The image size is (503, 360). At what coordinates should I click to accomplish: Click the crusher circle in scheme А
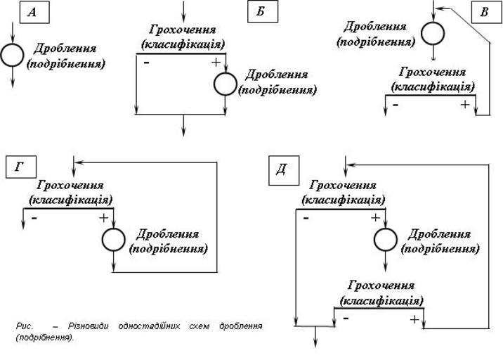[x=12, y=54]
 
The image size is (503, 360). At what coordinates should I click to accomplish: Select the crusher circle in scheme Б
[x=224, y=83]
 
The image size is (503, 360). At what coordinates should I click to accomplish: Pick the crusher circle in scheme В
[x=433, y=32]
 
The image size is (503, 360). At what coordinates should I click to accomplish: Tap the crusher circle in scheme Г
[x=113, y=240]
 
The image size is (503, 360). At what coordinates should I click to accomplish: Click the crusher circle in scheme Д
[x=385, y=240]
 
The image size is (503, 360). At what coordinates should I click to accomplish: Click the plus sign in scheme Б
[x=215, y=62]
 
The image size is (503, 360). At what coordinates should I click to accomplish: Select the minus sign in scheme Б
[x=146, y=63]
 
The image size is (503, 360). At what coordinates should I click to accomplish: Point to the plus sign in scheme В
[x=464, y=104]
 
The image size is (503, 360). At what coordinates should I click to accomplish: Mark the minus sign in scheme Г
[x=34, y=218]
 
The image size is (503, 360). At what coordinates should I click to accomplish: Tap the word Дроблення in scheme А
[x=65, y=49]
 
